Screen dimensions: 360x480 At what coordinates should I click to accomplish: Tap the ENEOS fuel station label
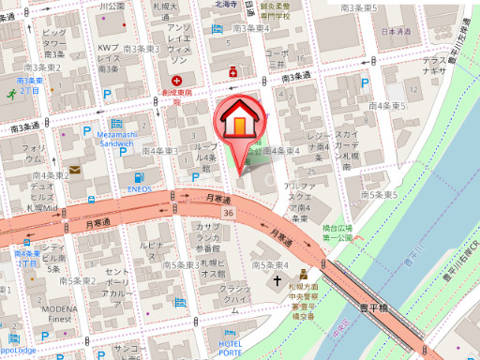[140, 187]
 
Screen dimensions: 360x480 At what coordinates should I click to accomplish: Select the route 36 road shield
[229, 214]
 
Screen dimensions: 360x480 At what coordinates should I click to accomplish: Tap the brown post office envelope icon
[74, 170]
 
